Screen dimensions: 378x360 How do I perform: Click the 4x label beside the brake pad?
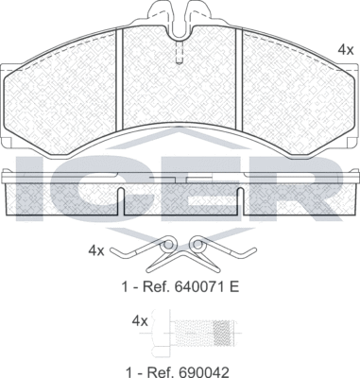click(345, 48)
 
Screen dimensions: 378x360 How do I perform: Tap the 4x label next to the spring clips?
click(95, 250)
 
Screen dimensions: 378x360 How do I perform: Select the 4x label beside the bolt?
click(140, 321)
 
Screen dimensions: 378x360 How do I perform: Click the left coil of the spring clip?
click(166, 249)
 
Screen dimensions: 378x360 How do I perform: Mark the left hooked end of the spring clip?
click(115, 252)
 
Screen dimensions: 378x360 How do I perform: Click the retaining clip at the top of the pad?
click(180, 20)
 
